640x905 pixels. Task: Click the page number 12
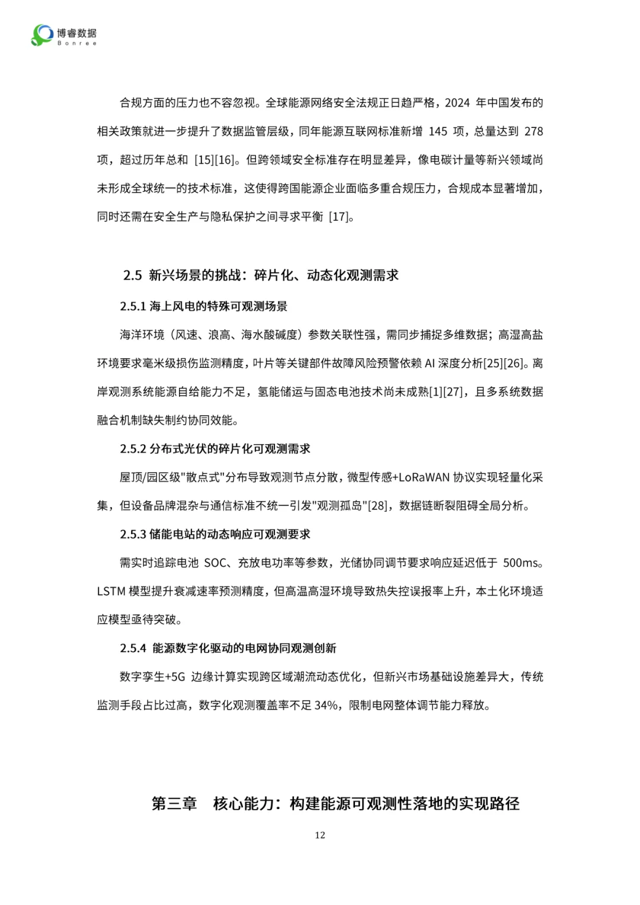click(x=320, y=835)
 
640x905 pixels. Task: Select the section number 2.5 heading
click(x=133, y=275)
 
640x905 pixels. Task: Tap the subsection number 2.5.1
click(x=133, y=306)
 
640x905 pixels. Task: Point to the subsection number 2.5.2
click(x=133, y=449)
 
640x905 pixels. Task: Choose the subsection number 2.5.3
click(x=133, y=534)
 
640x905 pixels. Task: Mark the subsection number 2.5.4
click(x=133, y=649)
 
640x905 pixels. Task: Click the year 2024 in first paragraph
click(x=457, y=103)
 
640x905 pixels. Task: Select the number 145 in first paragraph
click(x=438, y=131)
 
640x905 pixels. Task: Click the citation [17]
click(x=339, y=217)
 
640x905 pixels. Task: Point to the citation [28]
click(x=377, y=506)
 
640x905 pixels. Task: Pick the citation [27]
click(x=453, y=392)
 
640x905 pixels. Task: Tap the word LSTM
click(x=111, y=591)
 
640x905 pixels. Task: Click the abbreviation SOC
click(x=215, y=563)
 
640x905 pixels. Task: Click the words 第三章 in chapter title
click(x=174, y=804)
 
